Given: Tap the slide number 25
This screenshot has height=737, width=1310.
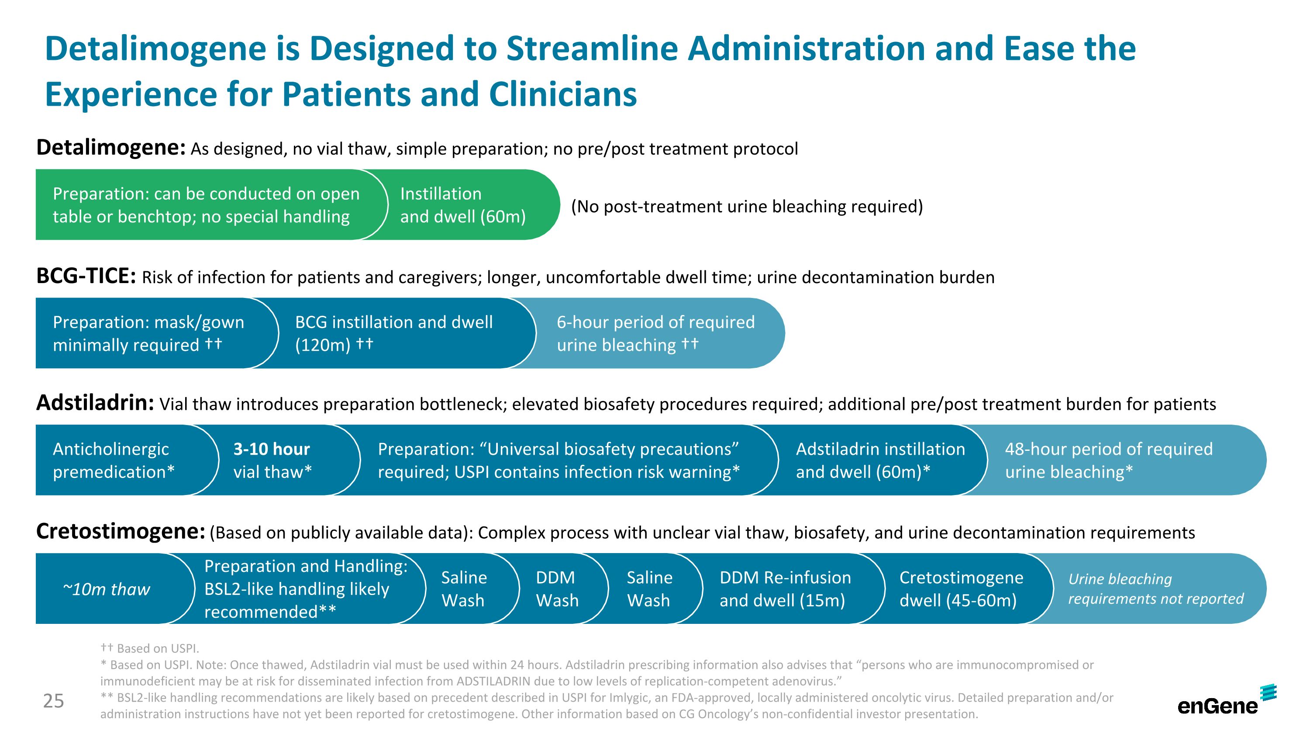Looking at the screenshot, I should (x=53, y=701).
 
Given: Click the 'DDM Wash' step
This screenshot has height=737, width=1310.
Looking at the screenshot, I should (x=557, y=589).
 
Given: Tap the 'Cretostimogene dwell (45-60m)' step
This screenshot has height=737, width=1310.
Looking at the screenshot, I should (x=961, y=589).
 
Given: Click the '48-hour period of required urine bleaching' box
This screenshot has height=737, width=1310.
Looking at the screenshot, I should (x=1109, y=460).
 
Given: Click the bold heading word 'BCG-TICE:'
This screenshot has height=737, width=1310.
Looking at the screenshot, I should (x=86, y=276).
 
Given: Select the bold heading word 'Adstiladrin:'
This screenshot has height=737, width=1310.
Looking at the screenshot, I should (x=95, y=403).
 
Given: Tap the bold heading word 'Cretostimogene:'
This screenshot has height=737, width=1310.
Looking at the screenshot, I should (x=121, y=532).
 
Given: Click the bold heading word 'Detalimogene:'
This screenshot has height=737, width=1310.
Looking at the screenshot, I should (x=111, y=148).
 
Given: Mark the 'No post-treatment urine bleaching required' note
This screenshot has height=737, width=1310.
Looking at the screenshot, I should (x=747, y=207).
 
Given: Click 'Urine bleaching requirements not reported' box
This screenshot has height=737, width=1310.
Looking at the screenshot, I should (x=1155, y=589).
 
